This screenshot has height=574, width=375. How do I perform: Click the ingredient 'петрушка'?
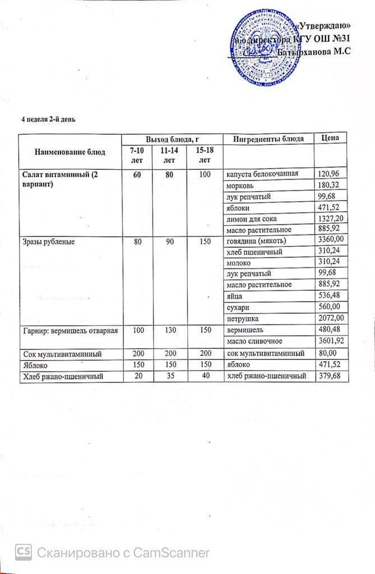(x=242, y=318)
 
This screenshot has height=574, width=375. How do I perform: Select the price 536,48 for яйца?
(x=328, y=295)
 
